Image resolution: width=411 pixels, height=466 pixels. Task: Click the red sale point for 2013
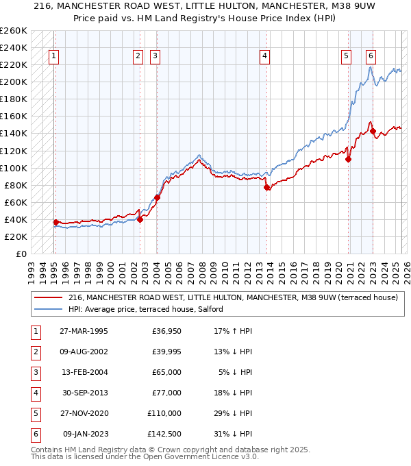(266, 187)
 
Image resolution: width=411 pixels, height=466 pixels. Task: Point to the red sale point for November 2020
(349, 159)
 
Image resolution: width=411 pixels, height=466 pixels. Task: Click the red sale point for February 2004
(157, 197)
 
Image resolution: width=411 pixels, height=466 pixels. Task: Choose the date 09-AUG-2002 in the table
(83, 352)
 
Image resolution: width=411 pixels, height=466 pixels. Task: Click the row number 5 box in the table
(34, 414)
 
